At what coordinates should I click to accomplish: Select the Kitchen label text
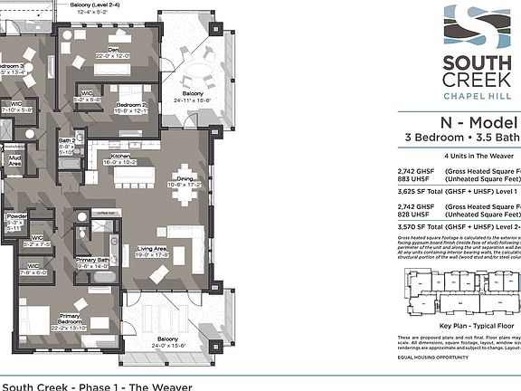point(121,156)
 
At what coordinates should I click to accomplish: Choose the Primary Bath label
point(92,261)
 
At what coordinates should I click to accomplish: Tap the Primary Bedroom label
point(71,318)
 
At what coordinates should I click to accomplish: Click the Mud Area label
point(15,160)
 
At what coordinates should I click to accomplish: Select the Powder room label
point(15,217)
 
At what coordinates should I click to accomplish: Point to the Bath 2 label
point(67,141)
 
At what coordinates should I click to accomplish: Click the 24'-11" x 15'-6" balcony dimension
point(193,100)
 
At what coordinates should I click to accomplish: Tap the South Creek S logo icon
point(467,27)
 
